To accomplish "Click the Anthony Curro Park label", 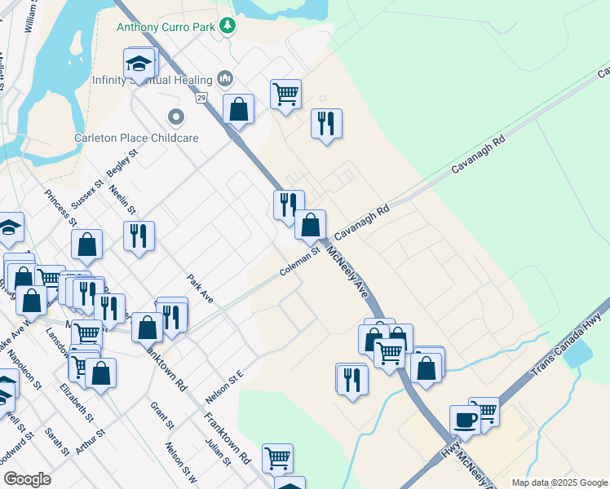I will click(x=166, y=27).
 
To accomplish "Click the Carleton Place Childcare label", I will click(x=136, y=138).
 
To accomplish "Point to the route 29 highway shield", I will click(x=201, y=98).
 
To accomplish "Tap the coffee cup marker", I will click(x=465, y=421).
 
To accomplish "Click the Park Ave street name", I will click(x=199, y=289).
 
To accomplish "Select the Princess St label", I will click(x=60, y=208).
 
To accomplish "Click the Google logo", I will click(x=28, y=479).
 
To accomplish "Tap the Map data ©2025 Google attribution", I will click(x=559, y=482).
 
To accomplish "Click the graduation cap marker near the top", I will click(x=139, y=64).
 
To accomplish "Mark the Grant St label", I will click(x=163, y=415).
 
